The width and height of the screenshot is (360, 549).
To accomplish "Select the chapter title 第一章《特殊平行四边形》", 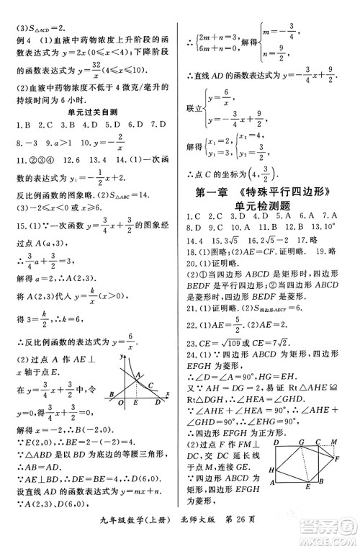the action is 268,192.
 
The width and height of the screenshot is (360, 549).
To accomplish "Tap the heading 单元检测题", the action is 268,205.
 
